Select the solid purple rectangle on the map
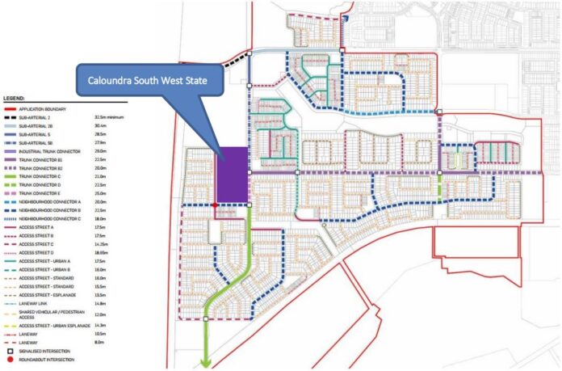tap(233, 174)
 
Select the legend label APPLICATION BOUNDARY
tap(41, 108)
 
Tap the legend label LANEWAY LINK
tap(33, 304)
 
